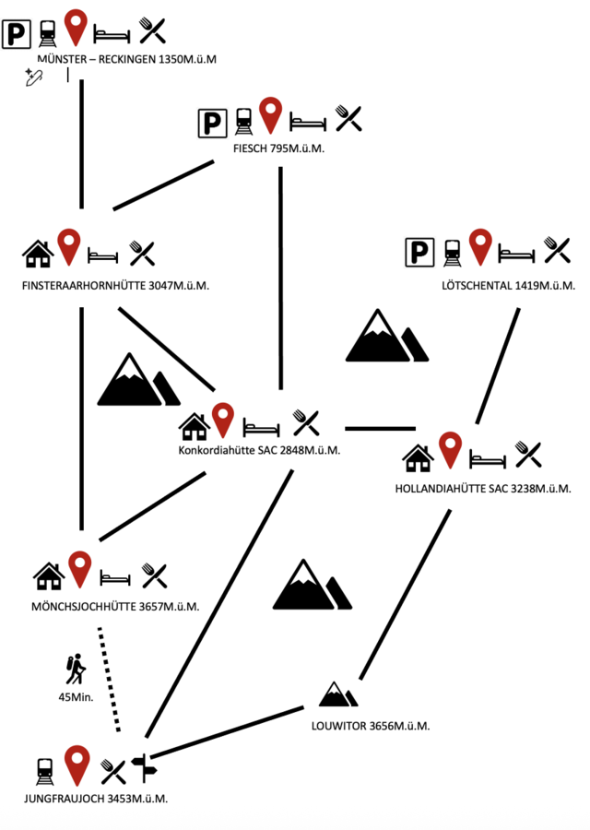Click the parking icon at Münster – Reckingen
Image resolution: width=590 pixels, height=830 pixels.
(17, 34)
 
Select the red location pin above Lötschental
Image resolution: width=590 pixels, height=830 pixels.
(479, 247)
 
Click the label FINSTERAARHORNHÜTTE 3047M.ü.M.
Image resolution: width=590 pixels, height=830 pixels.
(115, 286)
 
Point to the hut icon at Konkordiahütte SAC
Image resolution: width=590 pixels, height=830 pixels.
(195, 426)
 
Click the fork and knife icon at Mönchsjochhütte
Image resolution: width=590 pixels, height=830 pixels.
(154, 576)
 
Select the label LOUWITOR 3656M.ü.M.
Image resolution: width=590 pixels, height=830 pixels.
(371, 726)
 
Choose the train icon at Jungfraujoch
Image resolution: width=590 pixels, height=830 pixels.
(44, 768)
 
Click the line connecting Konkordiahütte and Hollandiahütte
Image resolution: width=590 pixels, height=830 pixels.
(380, 428)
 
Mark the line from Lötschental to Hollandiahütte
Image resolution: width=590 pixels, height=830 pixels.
(498, 365)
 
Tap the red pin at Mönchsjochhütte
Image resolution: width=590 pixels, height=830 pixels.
(80, 569)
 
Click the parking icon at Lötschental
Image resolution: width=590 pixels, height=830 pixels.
(419, 251)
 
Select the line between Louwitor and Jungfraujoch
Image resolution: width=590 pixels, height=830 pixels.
(227, 731)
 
